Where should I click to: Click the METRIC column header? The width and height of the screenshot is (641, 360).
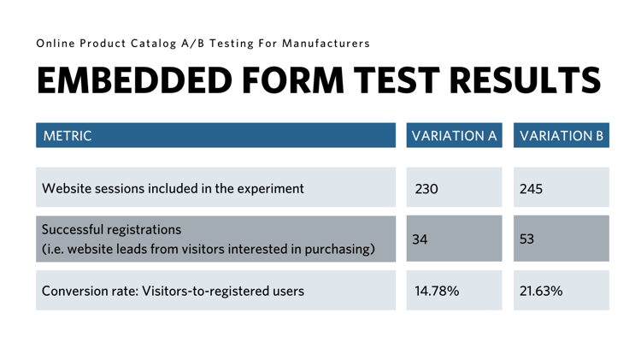(x=68, y=136)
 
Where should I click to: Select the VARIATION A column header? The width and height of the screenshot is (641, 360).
(x=454, y=136)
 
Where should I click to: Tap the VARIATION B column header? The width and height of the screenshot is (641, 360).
(x=562, y=136)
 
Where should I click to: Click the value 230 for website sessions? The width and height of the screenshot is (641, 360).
(x=426, y=189)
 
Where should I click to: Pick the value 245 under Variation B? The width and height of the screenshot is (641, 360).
(x=531, y=189)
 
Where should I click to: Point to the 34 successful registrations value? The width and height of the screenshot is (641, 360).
(x=420, y=239)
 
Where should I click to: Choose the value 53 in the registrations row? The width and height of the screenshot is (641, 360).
(x=527, y=239)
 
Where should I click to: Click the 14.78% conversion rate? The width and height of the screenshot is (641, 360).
(x=437, y=291)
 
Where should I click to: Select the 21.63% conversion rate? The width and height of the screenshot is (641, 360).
(x=541, y=291)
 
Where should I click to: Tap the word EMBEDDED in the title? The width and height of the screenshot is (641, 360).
(x=134, y=80)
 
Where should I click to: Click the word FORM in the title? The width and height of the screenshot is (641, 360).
(x=293, y=80)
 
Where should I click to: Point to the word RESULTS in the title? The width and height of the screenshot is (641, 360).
(x=526, y=80)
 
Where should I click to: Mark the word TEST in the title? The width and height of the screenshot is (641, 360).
(x=397, y=80)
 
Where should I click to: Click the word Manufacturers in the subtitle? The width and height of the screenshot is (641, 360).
(x=326, y=44)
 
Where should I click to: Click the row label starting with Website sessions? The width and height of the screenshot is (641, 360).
(x=173, y=189)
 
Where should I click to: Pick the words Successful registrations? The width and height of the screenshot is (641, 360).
(x=111, y=230)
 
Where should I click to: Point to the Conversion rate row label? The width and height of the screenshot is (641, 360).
(x=173, y=291)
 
